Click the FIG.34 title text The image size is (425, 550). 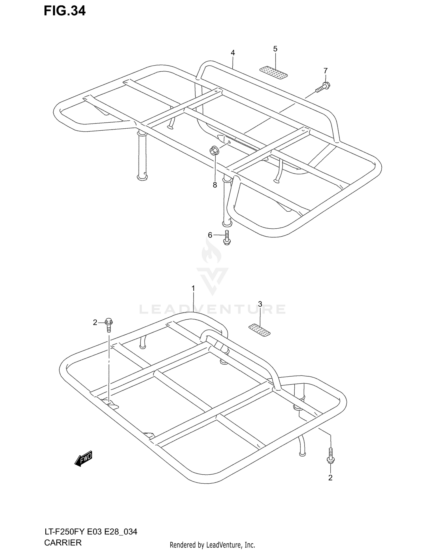click(65, 11)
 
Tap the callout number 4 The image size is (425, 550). click(233, 53)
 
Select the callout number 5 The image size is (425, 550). click(275, 49)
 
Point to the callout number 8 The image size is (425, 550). click(215, 185)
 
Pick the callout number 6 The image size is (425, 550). click(210, 235)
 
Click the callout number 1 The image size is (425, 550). click(193, 288)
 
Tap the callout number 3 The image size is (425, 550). click(260, 304)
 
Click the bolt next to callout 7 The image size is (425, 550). click(323, 87)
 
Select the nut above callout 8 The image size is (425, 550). click(213, 150)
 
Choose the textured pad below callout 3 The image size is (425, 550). click(259, 330)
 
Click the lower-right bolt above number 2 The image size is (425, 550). click(330, 456)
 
